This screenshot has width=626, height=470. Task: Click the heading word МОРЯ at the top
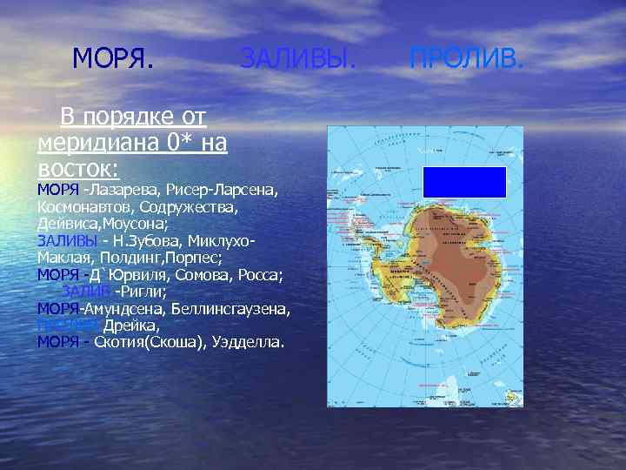(113, 59)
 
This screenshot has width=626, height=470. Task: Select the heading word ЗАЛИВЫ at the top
(297, 59)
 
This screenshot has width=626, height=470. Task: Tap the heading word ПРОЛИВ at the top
(467, 59)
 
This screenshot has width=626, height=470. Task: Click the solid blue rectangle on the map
(464, 182)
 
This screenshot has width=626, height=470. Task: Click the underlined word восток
(77, 165)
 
